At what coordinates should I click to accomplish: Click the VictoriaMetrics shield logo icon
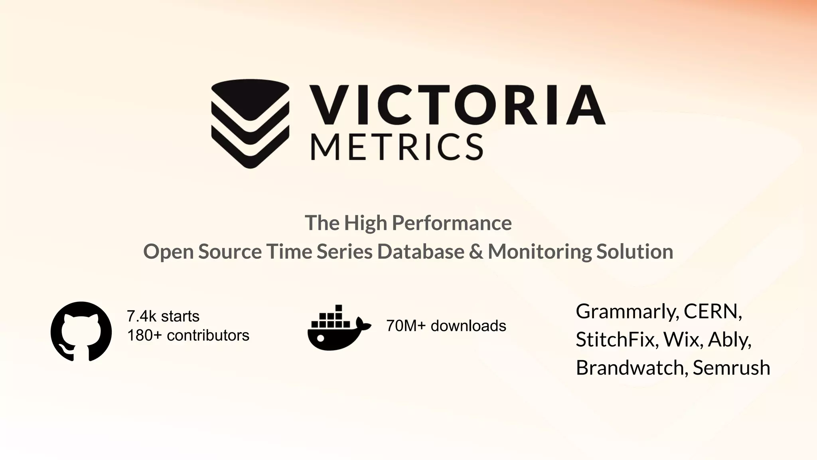coord(250,123)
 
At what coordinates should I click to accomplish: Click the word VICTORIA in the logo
coord(458,105)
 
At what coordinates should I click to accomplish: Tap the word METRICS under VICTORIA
coord(397,147)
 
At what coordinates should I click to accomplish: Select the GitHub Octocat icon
coord(81,331)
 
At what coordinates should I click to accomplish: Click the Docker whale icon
coord(339,328)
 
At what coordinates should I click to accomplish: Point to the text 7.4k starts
coord(163,316)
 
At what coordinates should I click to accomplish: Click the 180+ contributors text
coord(188,335)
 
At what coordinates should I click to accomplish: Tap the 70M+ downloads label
coord(446,326)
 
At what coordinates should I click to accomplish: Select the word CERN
coord(712,311)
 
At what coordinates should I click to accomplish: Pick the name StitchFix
coord(617,339)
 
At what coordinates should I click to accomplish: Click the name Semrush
coord(731,367)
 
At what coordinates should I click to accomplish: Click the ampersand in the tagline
coord(476,252)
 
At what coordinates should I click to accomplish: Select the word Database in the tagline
coord(421,252)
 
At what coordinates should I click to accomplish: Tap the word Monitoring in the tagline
coord(540,252)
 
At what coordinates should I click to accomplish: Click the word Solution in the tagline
coord(635,252)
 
